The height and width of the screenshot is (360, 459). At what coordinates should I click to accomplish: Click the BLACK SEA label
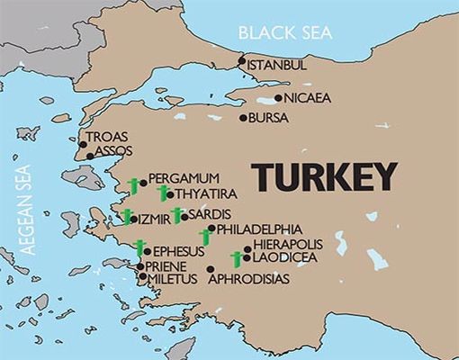click(x=284, y=33)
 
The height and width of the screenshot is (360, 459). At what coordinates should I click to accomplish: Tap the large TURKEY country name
click(x=324, y=177)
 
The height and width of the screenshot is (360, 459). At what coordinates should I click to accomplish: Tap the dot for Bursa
click(x=243, y=118)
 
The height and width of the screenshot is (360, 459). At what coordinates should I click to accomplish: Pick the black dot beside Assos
click(x=89, y=155)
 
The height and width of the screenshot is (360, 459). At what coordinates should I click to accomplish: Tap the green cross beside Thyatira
click(x=163, y=193)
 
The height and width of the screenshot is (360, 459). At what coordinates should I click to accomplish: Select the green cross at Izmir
click(x=128, y=216)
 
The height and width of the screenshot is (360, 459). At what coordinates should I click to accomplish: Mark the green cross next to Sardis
click(x=176, y=214)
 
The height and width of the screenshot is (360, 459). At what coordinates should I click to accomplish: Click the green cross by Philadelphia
click(x=205, y=237)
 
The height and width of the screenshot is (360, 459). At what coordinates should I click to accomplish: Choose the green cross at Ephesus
click(x=139, y=248)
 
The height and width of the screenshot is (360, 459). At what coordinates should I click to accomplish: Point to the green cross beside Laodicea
click(x=237, y=260)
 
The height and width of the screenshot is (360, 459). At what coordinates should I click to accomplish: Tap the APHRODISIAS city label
click(x=248, y=279)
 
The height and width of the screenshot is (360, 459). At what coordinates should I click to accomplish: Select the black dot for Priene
click(x=139, y=266)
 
